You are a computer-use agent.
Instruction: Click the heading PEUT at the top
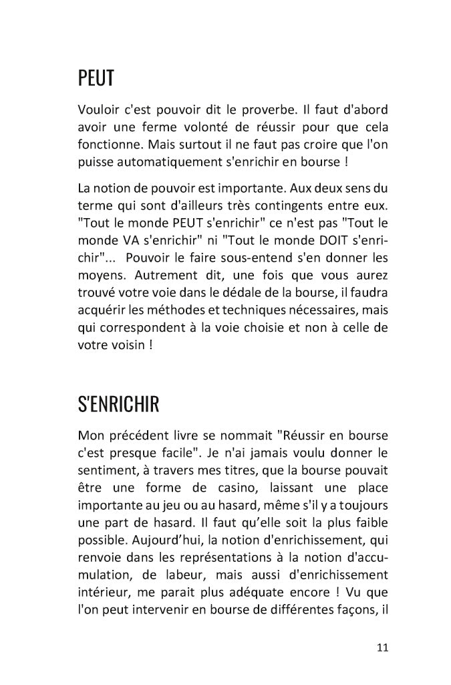tap(96, 80)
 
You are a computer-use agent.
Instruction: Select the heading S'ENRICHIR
tap(118, 405)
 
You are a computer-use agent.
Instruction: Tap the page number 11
tap(382, 647)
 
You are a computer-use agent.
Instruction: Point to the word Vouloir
tap(98, 110)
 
